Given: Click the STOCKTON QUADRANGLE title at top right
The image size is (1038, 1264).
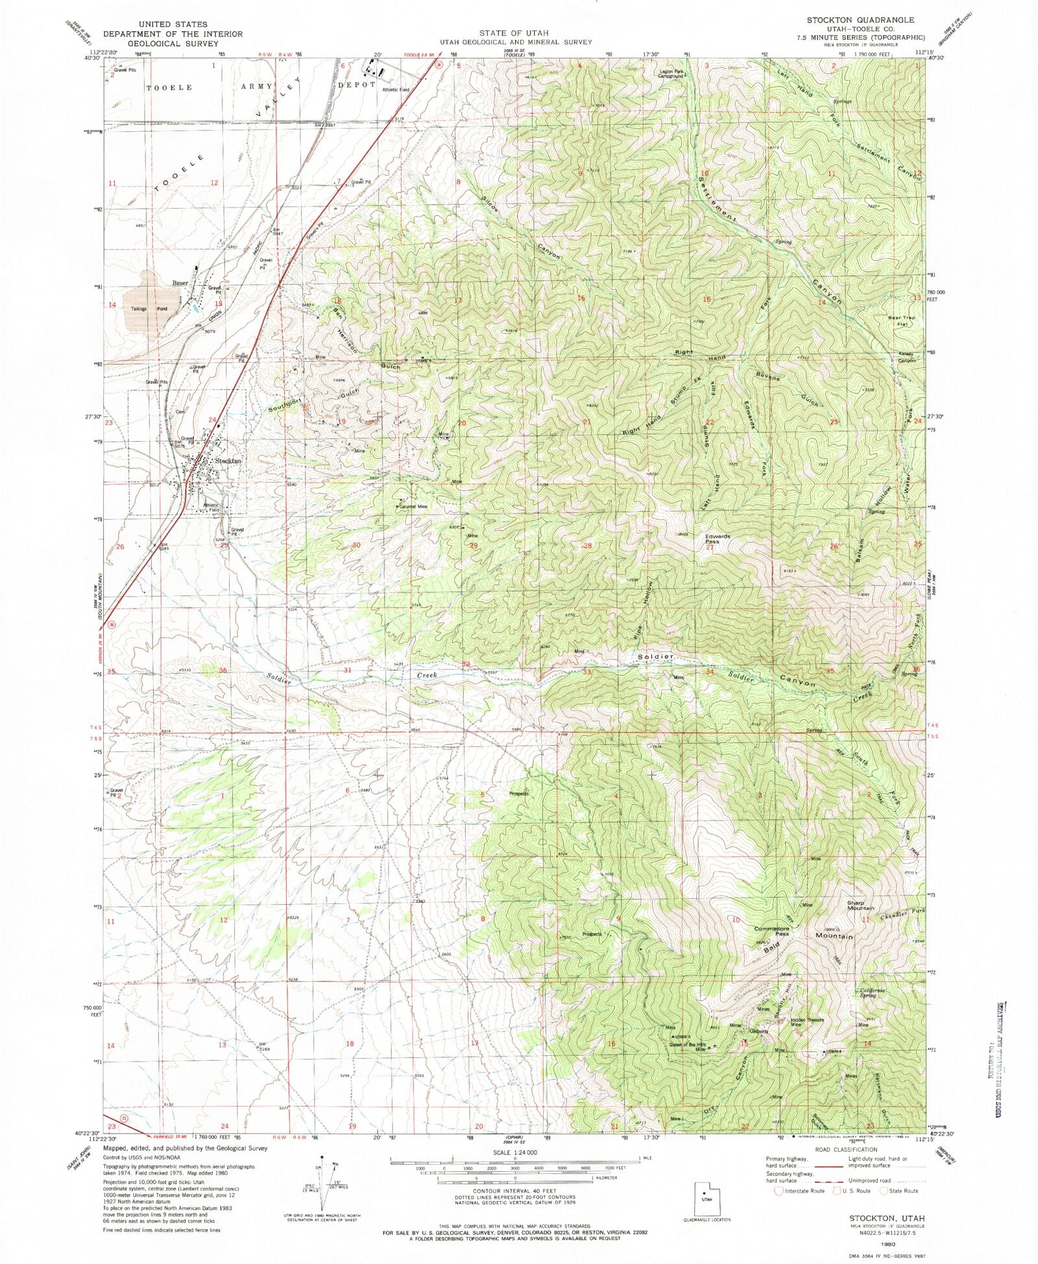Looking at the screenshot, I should click(860, 21).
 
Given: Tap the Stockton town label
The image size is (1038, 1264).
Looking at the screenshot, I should click(228, 460).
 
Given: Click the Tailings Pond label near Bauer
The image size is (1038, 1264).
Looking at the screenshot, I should click(150, 309).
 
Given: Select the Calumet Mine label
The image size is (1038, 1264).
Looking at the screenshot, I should click(413, 507).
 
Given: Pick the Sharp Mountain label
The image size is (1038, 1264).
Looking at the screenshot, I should click(860, 905).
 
